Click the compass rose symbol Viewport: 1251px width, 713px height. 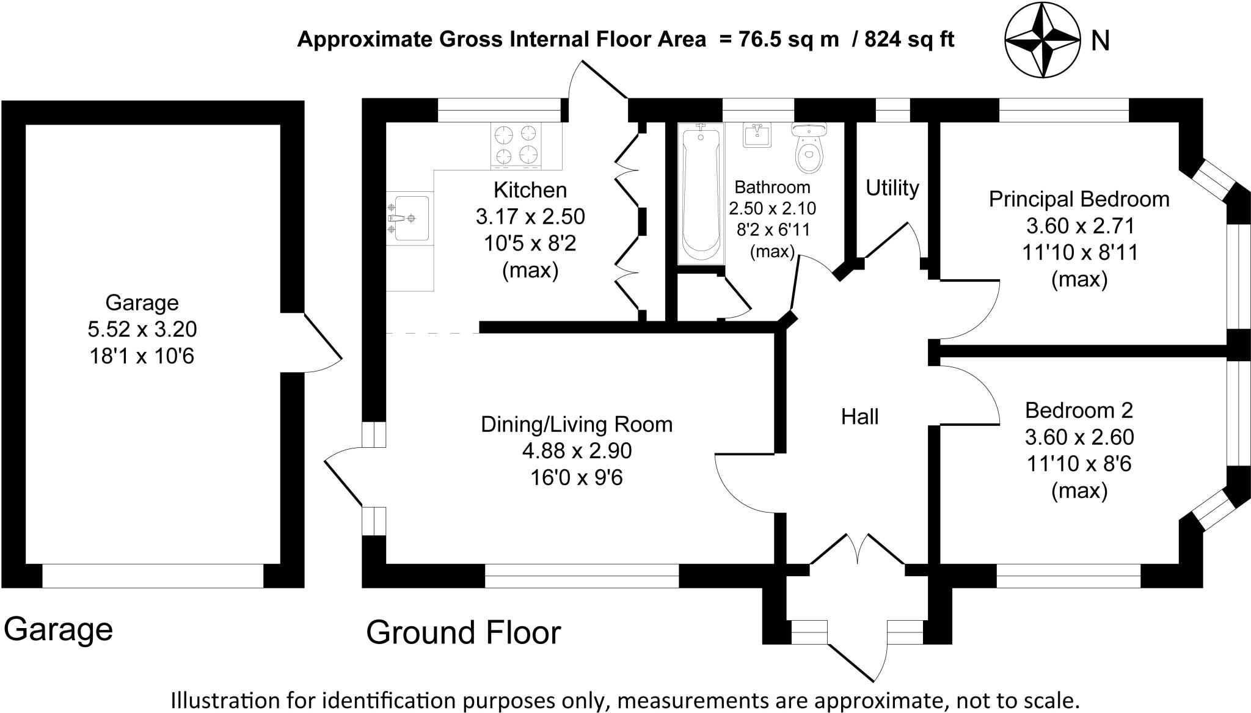tap(1043, 40)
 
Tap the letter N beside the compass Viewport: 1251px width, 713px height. tap(1100, 41)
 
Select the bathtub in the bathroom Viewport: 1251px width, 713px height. tap(701, 192)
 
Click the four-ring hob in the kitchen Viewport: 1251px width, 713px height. tap(517, 145)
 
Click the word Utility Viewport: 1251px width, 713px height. tap(892, 188)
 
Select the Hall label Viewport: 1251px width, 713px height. tap(859, 417)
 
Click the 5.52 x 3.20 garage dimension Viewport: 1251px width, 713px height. tap(142, 329)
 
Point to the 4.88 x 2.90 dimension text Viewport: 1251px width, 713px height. tap(577, 451)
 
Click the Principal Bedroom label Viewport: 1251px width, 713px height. tap(1079, 199)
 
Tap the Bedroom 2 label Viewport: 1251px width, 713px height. tap(1079, 410)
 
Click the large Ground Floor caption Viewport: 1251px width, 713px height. tap(463, 632)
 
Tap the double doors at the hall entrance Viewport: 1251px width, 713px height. tap(857, 550)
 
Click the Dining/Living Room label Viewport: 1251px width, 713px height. tap(577, 424)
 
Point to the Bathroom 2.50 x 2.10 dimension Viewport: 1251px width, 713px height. tap(772, 208)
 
